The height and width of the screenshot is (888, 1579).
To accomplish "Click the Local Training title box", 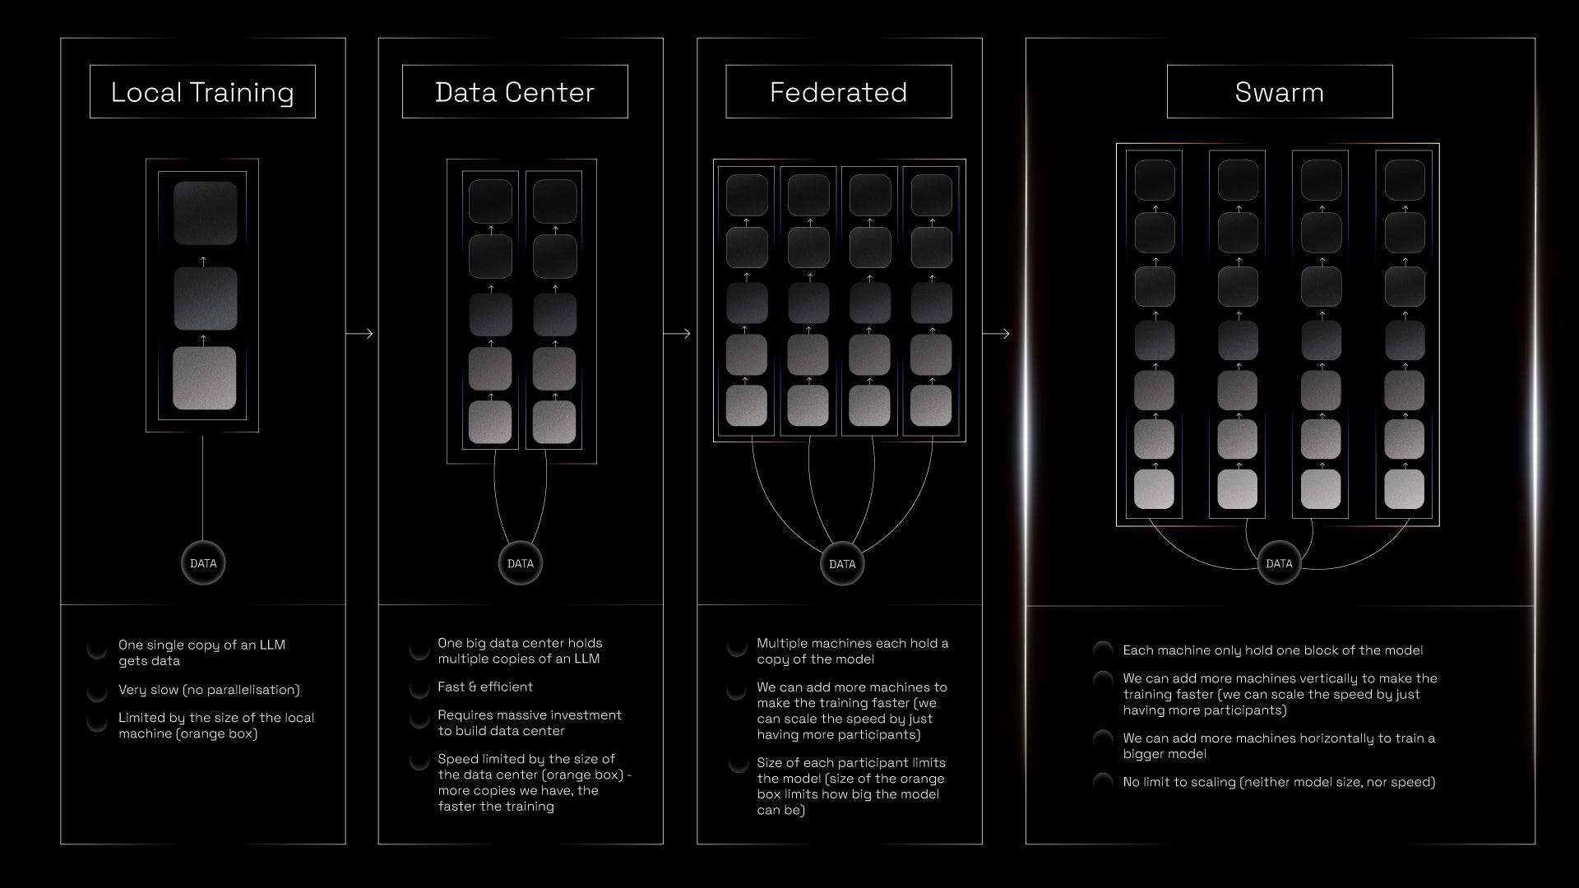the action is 202,92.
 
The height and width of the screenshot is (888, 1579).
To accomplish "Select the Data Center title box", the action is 515,92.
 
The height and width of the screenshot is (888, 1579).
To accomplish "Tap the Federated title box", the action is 838,92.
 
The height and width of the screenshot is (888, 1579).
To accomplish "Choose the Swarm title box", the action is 1279,92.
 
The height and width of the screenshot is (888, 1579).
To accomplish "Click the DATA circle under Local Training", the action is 203,563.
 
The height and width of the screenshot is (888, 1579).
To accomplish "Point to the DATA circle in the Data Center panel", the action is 521,563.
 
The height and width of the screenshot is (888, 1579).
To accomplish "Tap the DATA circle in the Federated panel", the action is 842,564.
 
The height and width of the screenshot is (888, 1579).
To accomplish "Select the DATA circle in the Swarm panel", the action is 1279,563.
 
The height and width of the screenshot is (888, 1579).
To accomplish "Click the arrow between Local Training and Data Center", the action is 360,334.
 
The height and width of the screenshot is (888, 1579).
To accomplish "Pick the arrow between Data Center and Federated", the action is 678,334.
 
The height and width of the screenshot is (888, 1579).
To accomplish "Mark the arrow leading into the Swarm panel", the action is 996,334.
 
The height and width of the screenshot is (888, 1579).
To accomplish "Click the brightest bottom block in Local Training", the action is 204,378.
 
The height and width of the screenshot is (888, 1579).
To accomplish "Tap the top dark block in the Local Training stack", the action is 205,213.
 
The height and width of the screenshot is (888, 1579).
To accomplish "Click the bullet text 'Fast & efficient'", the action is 485,687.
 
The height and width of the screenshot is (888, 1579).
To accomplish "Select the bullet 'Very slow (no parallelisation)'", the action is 209,690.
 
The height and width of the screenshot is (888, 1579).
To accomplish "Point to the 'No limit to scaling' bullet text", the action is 1279,782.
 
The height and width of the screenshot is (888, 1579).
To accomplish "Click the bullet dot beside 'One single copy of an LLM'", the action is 97,650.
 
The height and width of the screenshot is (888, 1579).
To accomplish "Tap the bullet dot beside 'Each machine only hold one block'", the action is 1103,650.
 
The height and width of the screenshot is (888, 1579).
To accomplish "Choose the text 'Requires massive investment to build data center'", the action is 529,723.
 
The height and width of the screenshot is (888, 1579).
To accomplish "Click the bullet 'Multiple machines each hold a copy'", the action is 852,651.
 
